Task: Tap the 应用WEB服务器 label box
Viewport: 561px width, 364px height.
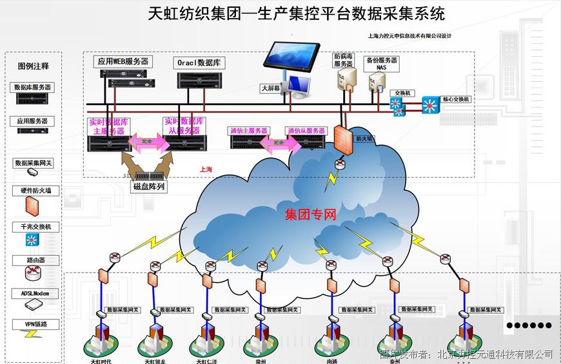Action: pyautogui.click(x=123, y=62)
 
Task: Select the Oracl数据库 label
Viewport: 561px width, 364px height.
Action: pyautogui.click(x=199, y=62)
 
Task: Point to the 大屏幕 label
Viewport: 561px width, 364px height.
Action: pyautogui.click(x=270, y=88)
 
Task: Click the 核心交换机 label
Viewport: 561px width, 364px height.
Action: pyautogui.click(x=457, y=100)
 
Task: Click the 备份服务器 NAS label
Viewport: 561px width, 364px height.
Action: pyautogui.click(x=381, y=63)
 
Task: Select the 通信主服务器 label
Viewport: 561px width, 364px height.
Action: pyautogui.click(x=248, y=131)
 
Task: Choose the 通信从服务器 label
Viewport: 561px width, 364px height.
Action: pyautogui.click(x=306, y=131)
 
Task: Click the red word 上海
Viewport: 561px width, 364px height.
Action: pyautogui.click(x=206, y=169)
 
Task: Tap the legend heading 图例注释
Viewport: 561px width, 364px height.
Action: pyautogui.click(x=34, y=66)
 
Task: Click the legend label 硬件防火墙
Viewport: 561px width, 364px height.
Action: pyautogui.click(x=35, y=191)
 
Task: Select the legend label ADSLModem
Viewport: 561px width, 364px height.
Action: pyautogui.click(x=35, y=293)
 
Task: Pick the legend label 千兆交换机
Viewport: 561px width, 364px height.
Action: pyautogui.click(x=35, y=227)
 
